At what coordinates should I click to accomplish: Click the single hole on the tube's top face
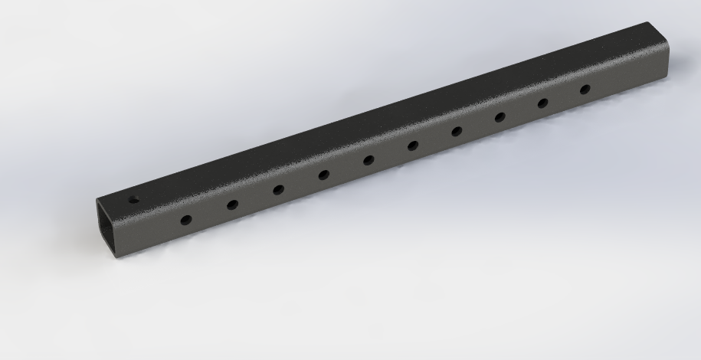click(133, 200)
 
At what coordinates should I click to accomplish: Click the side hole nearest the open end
click(185, 220)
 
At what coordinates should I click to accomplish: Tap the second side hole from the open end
click(232, 204)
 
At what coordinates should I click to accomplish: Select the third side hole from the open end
click(278, 189)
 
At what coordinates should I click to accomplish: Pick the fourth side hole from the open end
click(324, 175)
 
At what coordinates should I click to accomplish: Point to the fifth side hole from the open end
click(369, 160)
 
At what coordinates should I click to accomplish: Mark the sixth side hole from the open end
click(413, 146)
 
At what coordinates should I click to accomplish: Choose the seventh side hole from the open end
click(457, 131)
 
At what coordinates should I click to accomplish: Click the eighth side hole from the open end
click(500, 117)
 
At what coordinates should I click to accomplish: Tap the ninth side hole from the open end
click(542, 103)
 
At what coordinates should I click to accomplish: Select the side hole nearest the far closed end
click(585, 89)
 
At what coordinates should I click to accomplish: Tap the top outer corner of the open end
click(97, 200)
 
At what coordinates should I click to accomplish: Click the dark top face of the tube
click(383, 123)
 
